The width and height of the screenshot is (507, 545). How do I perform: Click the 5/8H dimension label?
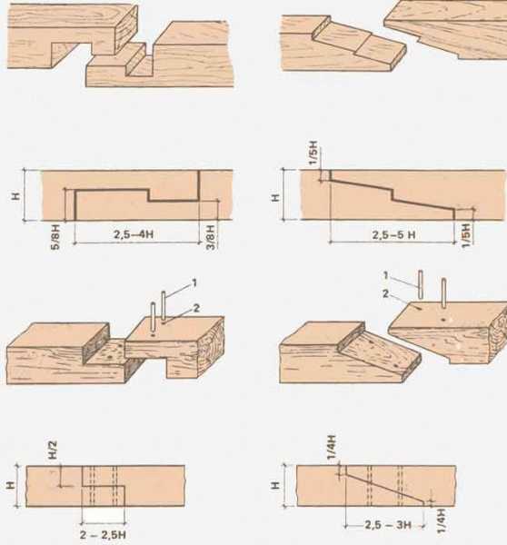(x=55, y=237)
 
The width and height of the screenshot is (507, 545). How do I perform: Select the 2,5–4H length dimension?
(x=134, y=234)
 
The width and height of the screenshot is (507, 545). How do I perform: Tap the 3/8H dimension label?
(x=211, y=237)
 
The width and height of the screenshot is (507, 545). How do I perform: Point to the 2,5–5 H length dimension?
(x=393, y=235)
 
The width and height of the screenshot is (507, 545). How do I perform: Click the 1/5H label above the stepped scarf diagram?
(x=313, y=153)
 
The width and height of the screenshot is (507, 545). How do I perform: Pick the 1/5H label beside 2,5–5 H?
(x=466, y=235)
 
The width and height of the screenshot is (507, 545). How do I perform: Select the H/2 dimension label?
(x=53, y=450)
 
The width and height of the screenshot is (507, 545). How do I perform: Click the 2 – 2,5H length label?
(x=103, y=535)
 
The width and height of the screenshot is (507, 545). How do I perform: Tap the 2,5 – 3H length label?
(x=388, y=525)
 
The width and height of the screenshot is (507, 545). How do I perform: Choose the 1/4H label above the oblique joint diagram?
(x=332, y=447)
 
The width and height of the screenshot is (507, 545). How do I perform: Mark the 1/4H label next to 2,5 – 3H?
(x=441, y=521)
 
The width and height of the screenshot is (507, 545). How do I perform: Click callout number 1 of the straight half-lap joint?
(x=194, y=282)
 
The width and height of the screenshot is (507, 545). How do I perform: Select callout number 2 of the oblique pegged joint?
(x=385, y=294)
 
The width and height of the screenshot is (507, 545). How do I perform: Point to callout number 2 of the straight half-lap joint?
(x=196, y=308)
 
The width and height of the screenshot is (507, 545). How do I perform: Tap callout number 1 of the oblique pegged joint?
(x=385, y=275)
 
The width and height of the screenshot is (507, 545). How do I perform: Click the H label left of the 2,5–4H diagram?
(x=16, y=196)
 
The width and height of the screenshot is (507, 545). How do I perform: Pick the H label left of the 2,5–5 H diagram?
(x=274, y=198)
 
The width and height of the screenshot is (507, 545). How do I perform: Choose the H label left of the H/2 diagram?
(x=10, y=485)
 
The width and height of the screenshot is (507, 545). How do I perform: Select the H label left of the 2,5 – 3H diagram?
(x=274, y=485)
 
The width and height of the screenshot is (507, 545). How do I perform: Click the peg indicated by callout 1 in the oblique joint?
(x=421, y=284)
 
